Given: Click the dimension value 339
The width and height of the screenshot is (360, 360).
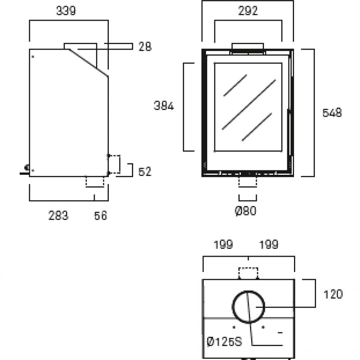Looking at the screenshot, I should [x=66, y=11].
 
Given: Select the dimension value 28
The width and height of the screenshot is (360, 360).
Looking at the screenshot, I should [x=145, y=47].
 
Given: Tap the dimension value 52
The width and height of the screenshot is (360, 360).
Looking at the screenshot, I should [x=145, y=172].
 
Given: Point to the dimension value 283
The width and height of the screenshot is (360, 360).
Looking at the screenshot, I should [x=58, y=216].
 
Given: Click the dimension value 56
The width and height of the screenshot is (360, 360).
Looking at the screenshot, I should [x=101, y=216].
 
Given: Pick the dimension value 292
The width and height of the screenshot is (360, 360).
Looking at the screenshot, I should [x=248, y=11].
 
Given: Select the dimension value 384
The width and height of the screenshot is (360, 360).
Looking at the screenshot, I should [x=164, y=106].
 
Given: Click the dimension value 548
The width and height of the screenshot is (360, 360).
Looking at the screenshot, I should [x=332, y=113].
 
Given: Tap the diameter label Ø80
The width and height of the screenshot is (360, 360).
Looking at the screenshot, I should [x=245, y=210].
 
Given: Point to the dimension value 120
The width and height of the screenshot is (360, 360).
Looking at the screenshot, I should [x=333, y=294].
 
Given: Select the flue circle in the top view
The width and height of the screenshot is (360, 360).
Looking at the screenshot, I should [x=248, y=306].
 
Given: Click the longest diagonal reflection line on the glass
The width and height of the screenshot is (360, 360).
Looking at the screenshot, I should [x=249, y=104].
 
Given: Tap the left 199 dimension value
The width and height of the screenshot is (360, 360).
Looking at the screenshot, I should [x=223, y=244].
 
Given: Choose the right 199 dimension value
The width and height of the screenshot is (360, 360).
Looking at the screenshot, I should [x=269, y=244].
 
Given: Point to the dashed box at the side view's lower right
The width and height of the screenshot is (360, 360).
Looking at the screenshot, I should [x=114, y=164].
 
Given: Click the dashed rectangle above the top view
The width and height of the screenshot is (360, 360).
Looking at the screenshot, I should [x=248, y=273].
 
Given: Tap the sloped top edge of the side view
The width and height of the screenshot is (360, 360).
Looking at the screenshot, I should [x=88, y=62].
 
